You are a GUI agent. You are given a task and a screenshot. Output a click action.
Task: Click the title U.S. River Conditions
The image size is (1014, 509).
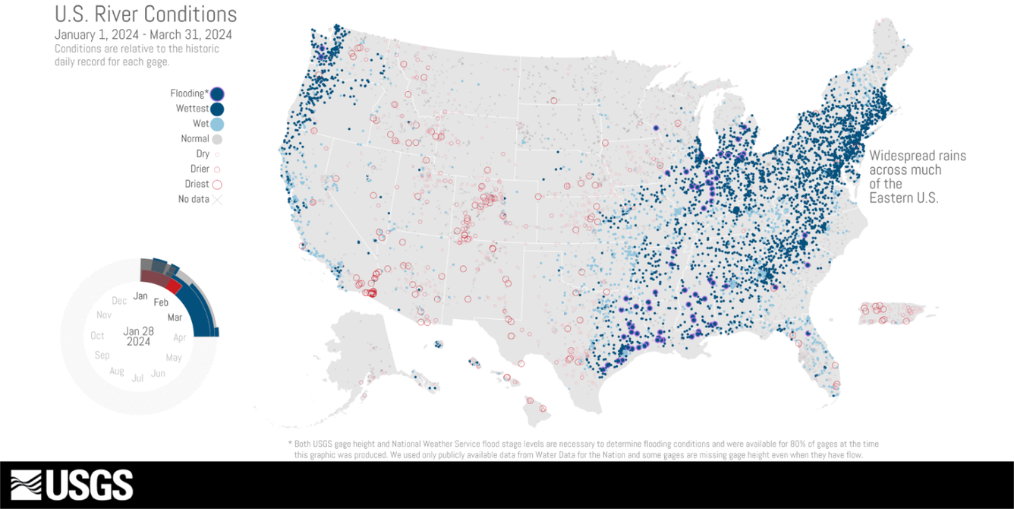click(x=146, y=14)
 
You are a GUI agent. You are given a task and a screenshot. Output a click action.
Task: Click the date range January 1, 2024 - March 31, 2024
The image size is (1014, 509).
click(x=143, y=35)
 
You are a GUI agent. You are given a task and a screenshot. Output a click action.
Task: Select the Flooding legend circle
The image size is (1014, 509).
click(x=218, y=94)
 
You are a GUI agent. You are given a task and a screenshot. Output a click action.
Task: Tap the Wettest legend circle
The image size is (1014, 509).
click(x=218, y=109)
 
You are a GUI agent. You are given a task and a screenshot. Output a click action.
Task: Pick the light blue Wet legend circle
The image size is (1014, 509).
click(x=218, y=124)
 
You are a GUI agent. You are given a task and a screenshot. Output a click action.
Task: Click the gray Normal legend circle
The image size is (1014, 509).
click(x=217, y=139)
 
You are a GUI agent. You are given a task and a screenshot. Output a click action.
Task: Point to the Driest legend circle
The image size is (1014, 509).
click(x=217, y=184)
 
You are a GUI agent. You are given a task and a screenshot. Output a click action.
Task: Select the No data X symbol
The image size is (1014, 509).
click(x=217, y=200)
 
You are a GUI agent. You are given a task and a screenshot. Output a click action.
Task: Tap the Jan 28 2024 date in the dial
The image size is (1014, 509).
click(x=139, y=337)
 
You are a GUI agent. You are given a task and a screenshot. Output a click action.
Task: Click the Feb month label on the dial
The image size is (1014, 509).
click(x=161, y=302)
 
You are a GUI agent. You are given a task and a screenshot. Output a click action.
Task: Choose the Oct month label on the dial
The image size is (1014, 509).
click(x=97, y=336)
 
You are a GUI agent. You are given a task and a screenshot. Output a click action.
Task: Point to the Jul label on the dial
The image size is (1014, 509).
click(x=137, y=378)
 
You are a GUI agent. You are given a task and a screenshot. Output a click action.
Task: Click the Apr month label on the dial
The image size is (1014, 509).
click(x=180, y=337)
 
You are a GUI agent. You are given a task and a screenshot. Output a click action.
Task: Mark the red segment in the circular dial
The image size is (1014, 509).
click(x=174, y=286)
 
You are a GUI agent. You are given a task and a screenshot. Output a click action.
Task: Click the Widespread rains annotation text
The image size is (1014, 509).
click(x=917, y=176)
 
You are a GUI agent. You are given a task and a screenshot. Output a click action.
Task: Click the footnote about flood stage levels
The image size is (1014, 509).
click(x=583, y=449)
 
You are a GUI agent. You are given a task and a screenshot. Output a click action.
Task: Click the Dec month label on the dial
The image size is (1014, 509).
click(x=119, y=301)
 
